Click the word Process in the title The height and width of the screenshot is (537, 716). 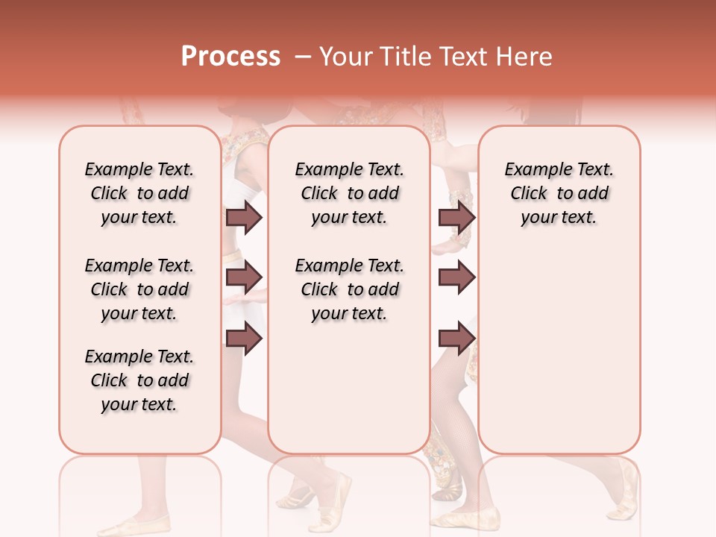[x=230, y=57]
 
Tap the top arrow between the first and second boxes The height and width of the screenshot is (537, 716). [x=244, y=217]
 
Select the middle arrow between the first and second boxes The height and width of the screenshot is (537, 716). [x=244, y=277]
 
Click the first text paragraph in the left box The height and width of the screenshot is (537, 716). [x=139, y=193]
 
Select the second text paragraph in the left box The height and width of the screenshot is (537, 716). [x=139, y=289]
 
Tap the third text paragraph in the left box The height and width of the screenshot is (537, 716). [x=139, y=380]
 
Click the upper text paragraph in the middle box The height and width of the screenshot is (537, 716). [x=349, y=193]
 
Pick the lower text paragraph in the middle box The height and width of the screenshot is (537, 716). [x=349, y=289]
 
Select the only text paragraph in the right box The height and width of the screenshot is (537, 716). [x=559, y=193]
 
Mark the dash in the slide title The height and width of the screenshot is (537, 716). [x=302, y=57]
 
